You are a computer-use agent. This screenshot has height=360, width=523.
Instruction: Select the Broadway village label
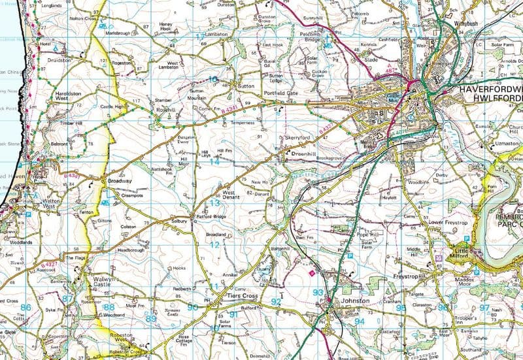[x=120, y=180]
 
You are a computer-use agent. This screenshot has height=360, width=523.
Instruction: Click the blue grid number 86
[x=26, y=306]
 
